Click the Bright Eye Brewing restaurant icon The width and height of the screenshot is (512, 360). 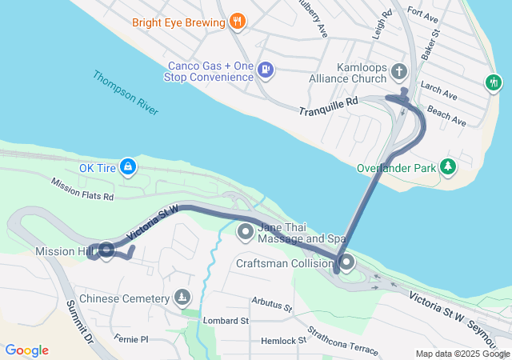point(236,22)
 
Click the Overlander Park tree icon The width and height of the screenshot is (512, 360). point(450,167)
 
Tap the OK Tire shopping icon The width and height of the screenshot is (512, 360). point(127,167)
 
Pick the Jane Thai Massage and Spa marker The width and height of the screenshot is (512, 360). point(246,233)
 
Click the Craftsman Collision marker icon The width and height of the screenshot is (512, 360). point(346,262)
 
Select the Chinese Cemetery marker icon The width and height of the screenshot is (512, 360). point(183,298)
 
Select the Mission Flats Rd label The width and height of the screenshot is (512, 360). point(82,189)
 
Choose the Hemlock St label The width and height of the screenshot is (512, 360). point(284,341)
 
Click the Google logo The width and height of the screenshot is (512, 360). point(26,350)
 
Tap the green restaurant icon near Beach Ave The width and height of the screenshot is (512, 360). point(494,82)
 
